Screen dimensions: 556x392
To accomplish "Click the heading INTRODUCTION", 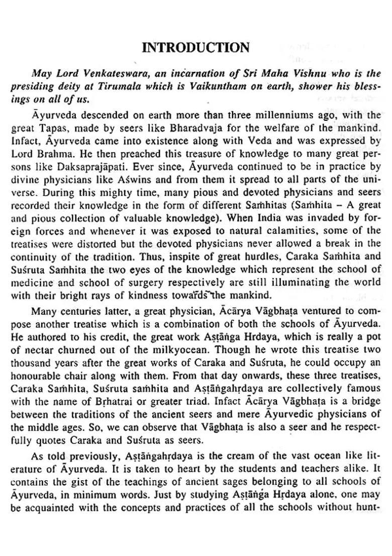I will pyautogui.click(x=196, y=48).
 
